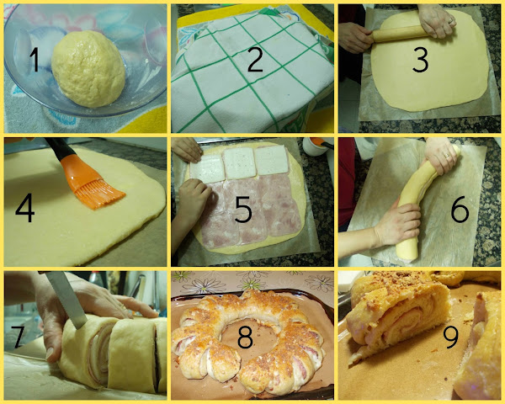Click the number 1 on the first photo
coord(35,61)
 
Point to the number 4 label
coord(24,208)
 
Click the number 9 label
coord(451,336)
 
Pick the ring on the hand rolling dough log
coord(447,156)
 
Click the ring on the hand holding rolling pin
coord(451,20)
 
